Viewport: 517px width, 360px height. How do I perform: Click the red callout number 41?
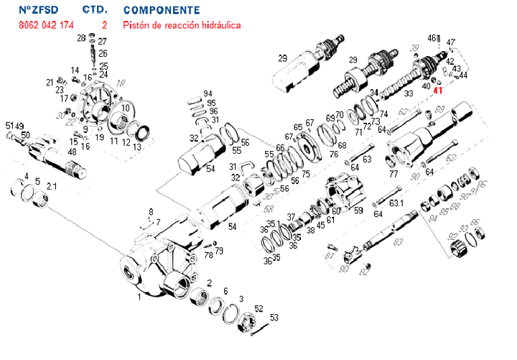438,91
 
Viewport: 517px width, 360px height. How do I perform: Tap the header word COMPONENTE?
162,11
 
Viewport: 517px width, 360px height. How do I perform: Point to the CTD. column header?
96,11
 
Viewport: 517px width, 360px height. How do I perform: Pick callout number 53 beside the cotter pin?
274,317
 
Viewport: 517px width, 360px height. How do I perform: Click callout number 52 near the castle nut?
258,309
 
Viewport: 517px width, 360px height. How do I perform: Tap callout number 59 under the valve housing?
358,211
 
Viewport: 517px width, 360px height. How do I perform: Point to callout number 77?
393,173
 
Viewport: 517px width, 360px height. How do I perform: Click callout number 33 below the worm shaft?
409,94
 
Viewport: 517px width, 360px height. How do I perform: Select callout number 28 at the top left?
80,38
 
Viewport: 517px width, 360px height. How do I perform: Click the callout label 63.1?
397,203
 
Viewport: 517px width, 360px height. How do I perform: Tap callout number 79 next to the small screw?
220,251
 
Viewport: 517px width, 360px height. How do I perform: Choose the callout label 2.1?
51,186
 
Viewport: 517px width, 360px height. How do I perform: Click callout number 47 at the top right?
450,42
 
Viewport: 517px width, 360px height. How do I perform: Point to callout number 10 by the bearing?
126,108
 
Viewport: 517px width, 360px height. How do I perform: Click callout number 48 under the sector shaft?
72,152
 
